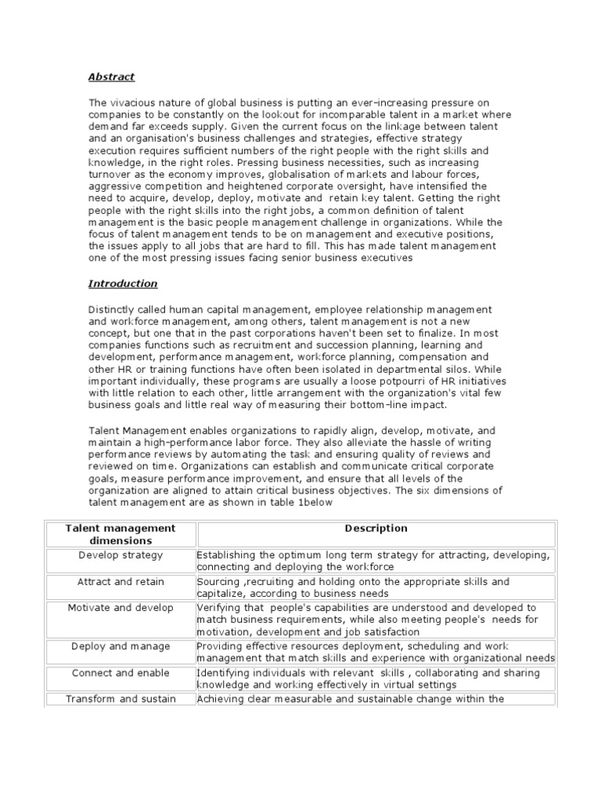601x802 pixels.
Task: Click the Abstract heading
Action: [x=111, y=77]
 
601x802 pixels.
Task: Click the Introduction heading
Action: [x=123, y=284]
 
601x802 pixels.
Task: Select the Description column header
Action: [x=376, y=529]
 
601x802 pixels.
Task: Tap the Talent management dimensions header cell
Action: [x=121, y=534]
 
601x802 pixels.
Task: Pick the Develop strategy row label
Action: [x=121, y=555]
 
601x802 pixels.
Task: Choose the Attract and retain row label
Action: [x=121, y=582]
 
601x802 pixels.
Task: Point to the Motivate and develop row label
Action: [x=121, y=608]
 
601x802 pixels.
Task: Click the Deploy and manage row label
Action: [x=121, y=646]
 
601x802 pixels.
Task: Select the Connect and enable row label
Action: [x=121, y=673]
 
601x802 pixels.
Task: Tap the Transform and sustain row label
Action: [x=121, y=699]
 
